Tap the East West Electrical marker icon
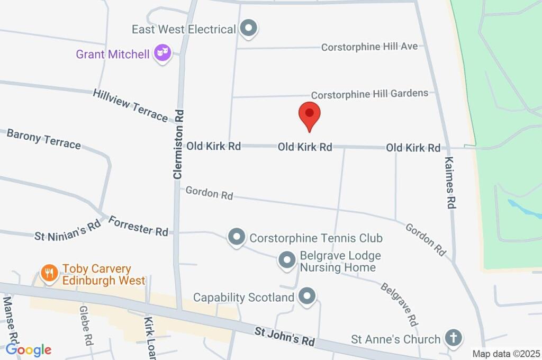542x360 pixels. (248, 29)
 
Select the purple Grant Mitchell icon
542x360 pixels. (162, 53)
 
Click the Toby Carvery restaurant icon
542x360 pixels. (49, 274)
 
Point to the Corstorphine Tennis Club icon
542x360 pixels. (237, 237)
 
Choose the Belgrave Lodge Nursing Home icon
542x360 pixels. (287, 260)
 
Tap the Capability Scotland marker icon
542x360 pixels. (306, 297)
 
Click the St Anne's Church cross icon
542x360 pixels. (453, 338)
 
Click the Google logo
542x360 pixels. (29, 349)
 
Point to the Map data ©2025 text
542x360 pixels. (506, 354)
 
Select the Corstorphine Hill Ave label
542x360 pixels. (369, 47)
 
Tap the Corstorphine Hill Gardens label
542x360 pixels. (369, 94)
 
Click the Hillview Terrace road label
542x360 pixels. (130, 105)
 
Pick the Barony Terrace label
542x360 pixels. (43, 139)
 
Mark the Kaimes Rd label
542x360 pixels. (450, 182)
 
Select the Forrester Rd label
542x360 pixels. (138, 226)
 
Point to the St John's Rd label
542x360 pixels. (284, 337)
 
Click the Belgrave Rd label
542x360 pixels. (399, 304)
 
